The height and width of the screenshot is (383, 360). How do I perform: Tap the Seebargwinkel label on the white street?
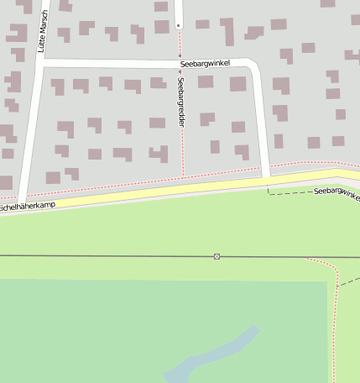(x=204, y=64)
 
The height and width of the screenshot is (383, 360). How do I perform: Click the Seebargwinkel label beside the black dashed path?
(x=336, y=194)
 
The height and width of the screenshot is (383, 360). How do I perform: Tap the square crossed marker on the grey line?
(x=217, y=256)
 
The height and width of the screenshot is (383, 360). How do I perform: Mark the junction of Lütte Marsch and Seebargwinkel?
(x=39, y=64)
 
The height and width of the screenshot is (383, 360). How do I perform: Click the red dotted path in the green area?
(x=334, y=319)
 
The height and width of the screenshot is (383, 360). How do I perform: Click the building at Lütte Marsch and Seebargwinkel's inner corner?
(x=58, y=86)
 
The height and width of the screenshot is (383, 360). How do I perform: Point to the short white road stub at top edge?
(x=179, y=12)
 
